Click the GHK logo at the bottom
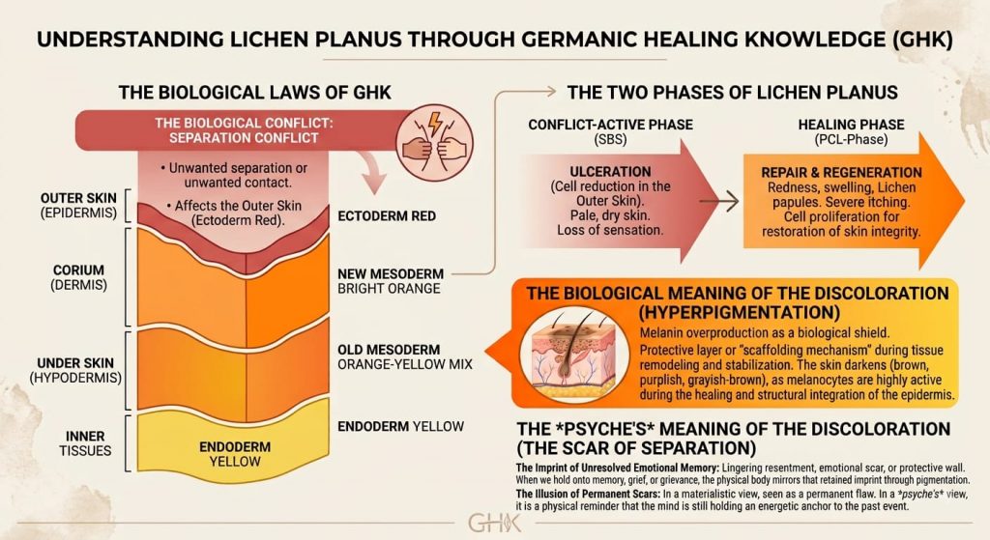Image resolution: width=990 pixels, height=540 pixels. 494,523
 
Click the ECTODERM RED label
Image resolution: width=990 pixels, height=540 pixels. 387,216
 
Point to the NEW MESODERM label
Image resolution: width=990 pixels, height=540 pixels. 391,273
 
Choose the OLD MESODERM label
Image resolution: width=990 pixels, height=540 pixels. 389,350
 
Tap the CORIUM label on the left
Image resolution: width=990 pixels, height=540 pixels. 79,270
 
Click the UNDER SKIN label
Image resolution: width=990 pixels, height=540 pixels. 75,363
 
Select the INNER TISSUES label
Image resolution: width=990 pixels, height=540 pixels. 85,443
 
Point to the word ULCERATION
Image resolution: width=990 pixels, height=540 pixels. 610,172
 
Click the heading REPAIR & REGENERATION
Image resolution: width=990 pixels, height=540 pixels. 841,173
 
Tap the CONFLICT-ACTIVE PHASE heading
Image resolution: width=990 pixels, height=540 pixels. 611,125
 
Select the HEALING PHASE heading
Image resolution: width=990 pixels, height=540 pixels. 851,125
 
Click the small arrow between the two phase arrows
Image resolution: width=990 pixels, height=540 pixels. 719,202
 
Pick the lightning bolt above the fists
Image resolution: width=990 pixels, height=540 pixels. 435,123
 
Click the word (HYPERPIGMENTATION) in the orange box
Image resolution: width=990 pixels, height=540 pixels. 739,313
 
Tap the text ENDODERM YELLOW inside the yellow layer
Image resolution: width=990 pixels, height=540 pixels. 235,454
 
